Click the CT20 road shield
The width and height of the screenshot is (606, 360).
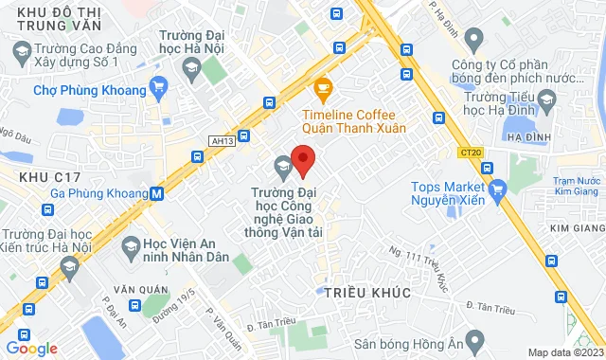coord(470,152)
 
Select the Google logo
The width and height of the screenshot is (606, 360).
coord(31,348)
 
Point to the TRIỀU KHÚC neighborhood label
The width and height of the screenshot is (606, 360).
coord(367,294)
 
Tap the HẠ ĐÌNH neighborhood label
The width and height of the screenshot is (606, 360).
coord(529,137)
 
